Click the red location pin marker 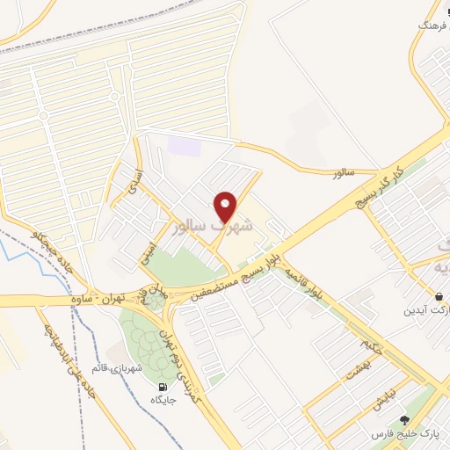pos(227,206)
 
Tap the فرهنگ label pos(432,27)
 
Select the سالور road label pos(342,173)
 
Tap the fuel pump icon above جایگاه pos(162,387)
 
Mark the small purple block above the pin pos(185,146)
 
